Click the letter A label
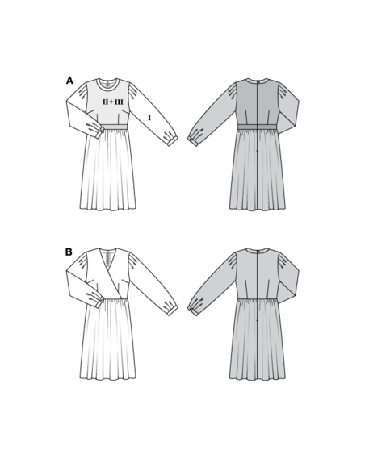pyautogui.click(x=69, y=81)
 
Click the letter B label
pyautogui.click(x=69, y=252)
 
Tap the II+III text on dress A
pyautogui.click(x=113, y=102)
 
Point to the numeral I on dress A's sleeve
pyautogui.click(x=149, y=119)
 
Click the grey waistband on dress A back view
pyautogui.click(x=258, y=127)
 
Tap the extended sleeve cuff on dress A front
pyautogui.click(x=172, y=142)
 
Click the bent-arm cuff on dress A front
pyautogui.click(x=100, y=133)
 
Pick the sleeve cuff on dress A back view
pyautogui.click(x=192, y=141)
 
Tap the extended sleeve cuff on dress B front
pyautogui.click(x=172, y=311)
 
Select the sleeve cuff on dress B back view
pyautogui.click(x=192, y=311)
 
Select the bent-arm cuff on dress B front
pyautogui.click(x=100, y=302)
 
